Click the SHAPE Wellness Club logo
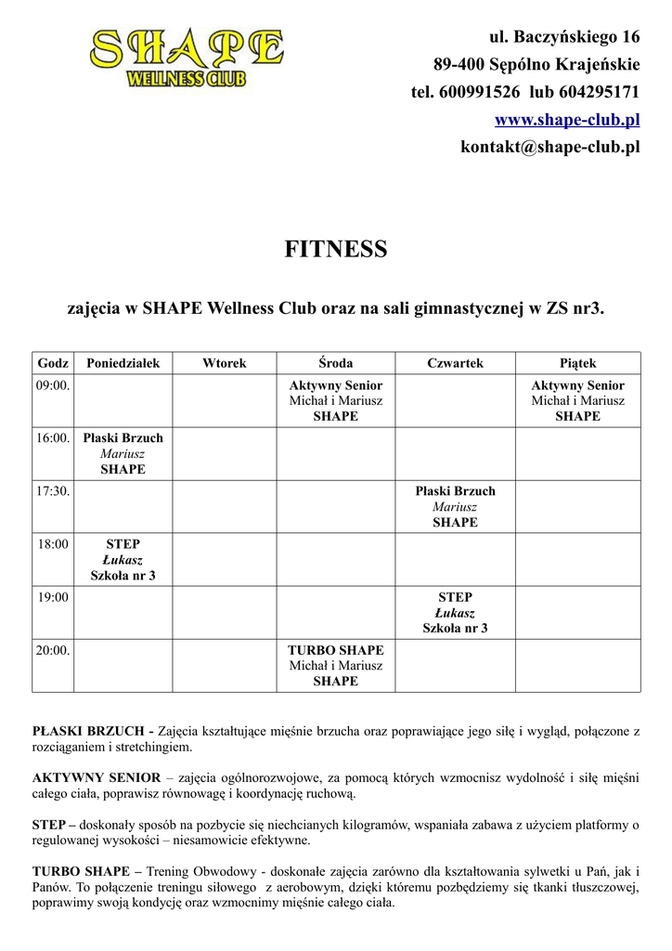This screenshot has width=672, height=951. [187, 59]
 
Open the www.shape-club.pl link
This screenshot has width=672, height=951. [567, 120]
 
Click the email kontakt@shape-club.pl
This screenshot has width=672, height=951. [550, 147]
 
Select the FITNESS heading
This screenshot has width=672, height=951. [335, 250]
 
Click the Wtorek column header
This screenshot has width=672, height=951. [225, 363]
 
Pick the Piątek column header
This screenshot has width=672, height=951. [577, 363]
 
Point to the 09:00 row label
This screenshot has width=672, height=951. [53, 385]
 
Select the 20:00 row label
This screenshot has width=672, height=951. [53, 651]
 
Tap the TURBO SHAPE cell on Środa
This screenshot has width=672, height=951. [335, 666]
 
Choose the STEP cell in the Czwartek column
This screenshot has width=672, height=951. [455, 613]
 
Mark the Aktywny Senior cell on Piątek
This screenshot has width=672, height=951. [577, 400]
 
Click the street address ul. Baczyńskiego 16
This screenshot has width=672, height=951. [564, 38]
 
